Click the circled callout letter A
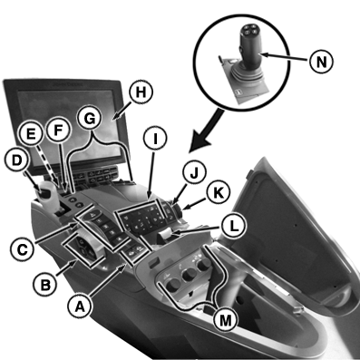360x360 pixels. pos(79,306)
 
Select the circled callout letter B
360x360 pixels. pos(45,285)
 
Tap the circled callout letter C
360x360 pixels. pos(22,249)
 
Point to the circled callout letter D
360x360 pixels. pos(17,161)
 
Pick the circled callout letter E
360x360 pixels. pos(32,134)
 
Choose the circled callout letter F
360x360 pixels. pos(58,131)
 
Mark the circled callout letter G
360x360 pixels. pos(90,119)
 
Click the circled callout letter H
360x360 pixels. pos(141,92)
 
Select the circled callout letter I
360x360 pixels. pos(155,139)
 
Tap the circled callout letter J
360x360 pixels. pos(195,173)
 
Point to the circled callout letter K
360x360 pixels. pos(219,193)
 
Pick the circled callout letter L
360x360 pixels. pos(233,227)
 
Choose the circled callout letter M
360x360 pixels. pos(225,320)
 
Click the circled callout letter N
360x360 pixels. pos(321,62)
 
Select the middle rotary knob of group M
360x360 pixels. pos(189,274)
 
